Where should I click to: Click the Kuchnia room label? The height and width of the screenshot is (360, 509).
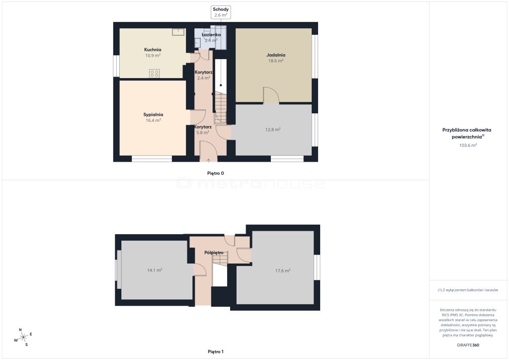(x=153, y=50)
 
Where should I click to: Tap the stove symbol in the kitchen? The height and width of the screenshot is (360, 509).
(x=154, y=74)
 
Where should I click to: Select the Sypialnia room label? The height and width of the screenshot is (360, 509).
(x=153, y=114)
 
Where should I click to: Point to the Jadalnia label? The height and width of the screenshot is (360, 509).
(x=275, y=55)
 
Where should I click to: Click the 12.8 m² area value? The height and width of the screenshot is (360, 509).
(x=273, y=129)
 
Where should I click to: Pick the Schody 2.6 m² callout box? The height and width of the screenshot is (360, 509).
(x=220, y=12)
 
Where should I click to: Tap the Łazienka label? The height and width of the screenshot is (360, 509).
(x=211, y=35)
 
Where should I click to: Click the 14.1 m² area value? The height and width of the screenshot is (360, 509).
(x=155, y=270)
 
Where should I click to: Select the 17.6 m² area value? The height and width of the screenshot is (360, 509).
(x=282, y=270)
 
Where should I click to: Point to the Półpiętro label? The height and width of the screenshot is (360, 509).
(x=214, y=253)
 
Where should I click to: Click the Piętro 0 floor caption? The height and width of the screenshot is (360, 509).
(x=216, y=174)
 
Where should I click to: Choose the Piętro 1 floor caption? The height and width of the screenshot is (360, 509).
(x=216, y=352)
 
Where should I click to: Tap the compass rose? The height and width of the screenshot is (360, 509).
(x=23, y=338)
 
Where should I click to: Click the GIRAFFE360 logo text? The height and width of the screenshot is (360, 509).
(x=468, y=345)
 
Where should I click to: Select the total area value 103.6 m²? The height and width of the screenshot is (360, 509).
(x=468, y=145)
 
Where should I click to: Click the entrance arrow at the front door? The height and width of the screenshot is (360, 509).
(x=208, y=160)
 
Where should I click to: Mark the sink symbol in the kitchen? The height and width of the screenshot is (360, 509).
(x=178, y=32)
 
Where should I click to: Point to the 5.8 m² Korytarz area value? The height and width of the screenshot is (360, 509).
(x=203, y=132)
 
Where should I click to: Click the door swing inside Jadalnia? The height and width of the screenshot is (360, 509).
(x=271, y=95)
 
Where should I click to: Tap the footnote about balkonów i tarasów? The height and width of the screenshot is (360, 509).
(x=468, y=290)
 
